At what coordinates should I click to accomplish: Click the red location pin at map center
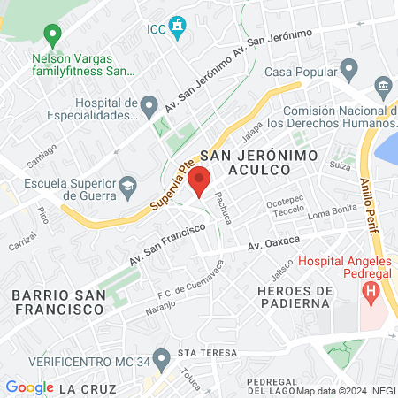coord(200,182)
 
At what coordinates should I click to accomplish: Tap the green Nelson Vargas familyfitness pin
coord(52,35)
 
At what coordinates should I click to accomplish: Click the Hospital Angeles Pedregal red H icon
coord(371,289)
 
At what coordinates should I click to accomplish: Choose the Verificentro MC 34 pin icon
coord(161,359)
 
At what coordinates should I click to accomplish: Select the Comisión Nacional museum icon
coord(382,86)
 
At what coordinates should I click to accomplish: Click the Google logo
coord(29,387)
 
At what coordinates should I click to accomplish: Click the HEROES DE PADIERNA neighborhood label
coord(295,298)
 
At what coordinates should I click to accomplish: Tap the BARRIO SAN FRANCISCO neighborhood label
coord(57,302)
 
